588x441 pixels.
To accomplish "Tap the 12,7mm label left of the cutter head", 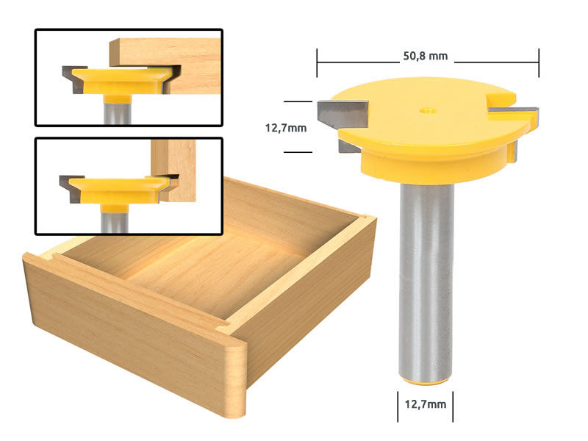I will click(285, 126).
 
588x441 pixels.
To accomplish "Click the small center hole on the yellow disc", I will click(426, 112).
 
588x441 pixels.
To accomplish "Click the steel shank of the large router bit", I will click(427, 279).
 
